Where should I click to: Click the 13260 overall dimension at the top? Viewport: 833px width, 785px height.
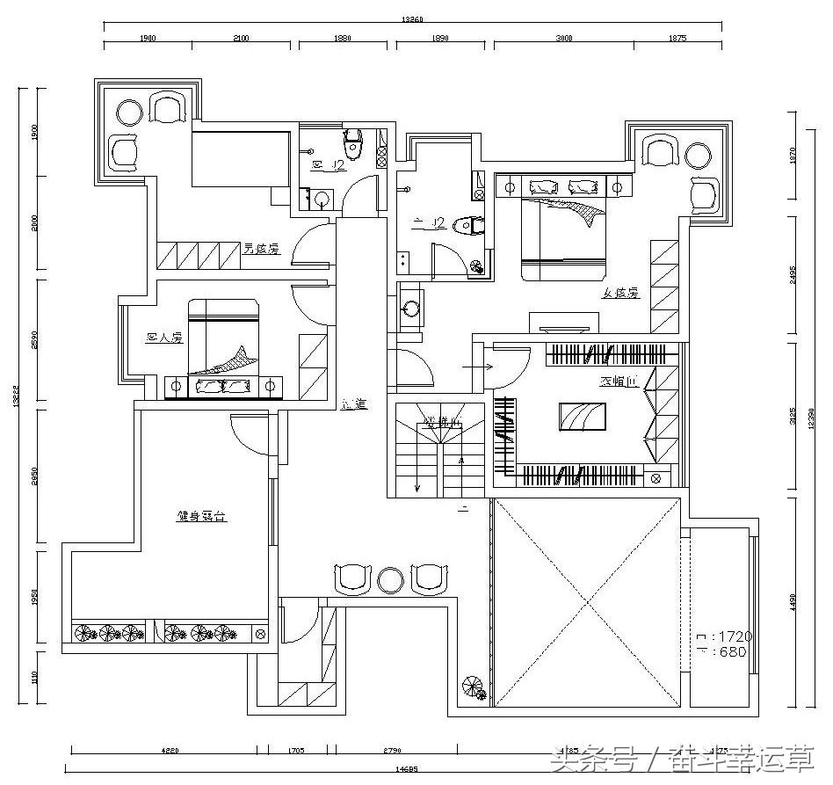coord(415,18)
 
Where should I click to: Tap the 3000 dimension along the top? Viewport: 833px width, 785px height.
coord(563,39)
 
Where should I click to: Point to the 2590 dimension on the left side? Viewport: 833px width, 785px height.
coord(34,338)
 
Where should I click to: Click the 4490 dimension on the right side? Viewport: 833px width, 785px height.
coord(793,601)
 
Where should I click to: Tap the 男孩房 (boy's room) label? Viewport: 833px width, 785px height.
coord(261,249)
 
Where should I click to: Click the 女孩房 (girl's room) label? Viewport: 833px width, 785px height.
coord(619,294)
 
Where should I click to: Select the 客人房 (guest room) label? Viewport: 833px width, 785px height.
coord(163,337)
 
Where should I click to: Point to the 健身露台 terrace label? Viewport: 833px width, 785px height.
coord(202,517)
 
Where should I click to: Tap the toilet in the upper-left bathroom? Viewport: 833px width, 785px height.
coord(353,145)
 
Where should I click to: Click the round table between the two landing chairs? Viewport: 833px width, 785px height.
coord(389,579)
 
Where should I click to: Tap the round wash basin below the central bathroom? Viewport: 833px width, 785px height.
coord(410,309)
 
